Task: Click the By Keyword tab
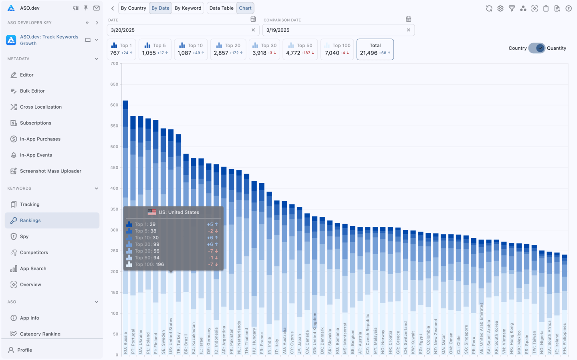(188, 8)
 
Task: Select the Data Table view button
(221, 8)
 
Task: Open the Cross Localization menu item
(40, 107)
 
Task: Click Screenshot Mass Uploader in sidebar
(50, 171)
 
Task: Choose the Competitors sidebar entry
(34, 253)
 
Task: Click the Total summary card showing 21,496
(375, 49)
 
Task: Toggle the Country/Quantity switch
(537, 48)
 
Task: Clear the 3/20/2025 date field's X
(253, 30)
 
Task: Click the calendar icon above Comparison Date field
(408, 19)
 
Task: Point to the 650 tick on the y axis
(115, 85)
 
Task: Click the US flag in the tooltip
(152, 212)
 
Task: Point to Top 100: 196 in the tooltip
(149, 265)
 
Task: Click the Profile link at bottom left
(24, 350)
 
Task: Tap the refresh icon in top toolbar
(489, 8)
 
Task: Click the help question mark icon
(568, 8)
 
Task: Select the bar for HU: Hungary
(254, 249)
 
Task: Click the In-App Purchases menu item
(40, 139)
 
